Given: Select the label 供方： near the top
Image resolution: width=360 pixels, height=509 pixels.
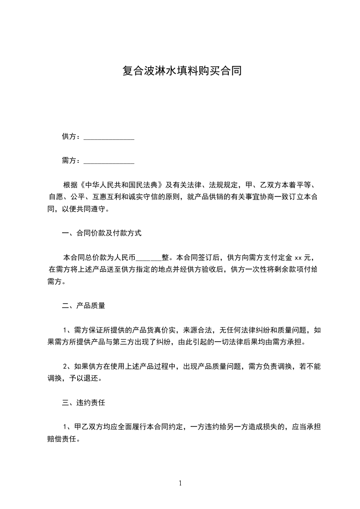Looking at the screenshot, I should click(x=72, y=137).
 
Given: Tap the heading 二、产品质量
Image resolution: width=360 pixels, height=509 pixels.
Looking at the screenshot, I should click(x=84, y=306).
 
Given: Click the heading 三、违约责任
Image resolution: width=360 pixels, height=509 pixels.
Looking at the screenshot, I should click(x=84, y=402).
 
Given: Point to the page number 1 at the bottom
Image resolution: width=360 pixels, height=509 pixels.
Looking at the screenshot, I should click(x=180, y=484).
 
